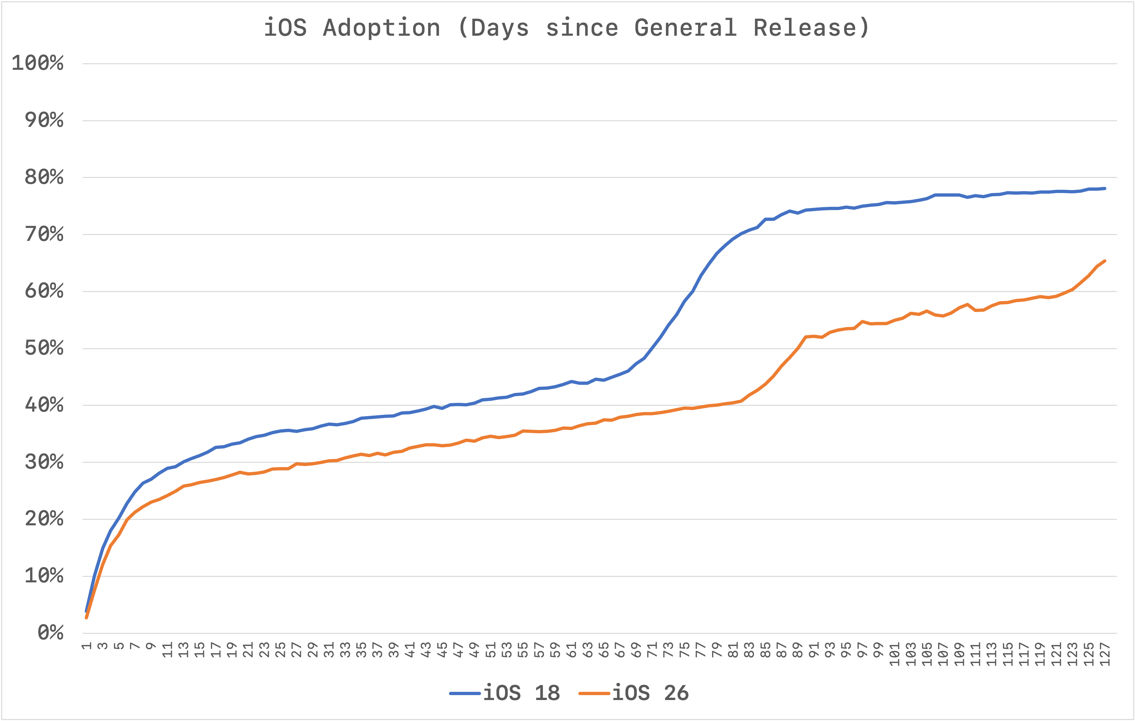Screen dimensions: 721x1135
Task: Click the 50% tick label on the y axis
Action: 44,348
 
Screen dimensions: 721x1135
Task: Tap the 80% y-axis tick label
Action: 44,177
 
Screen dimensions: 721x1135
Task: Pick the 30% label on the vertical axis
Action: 44,462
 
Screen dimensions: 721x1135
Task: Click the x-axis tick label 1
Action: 86,646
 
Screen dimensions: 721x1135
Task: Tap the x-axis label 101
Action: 895,653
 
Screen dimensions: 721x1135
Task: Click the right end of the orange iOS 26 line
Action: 1105,261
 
